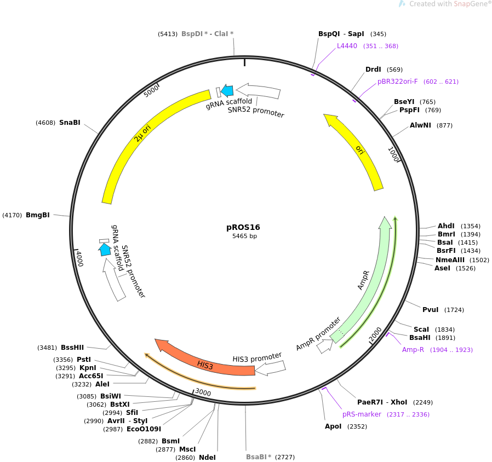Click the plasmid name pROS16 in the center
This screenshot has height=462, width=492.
point(243,227)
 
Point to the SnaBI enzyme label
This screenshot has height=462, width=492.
point(70,123)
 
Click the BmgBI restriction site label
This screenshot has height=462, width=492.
point(38,215)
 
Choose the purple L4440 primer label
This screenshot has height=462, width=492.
point(347,46)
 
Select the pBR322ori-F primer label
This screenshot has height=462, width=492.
point(397,82)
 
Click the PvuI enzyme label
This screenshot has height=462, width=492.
point(430,310)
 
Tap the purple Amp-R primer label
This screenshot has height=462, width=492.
point(413,350)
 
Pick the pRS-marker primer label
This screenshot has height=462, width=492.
point(362,414)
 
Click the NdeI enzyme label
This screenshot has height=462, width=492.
point(207,458)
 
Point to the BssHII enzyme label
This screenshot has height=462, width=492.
point(72,348)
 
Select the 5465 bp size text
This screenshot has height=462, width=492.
point(244,236)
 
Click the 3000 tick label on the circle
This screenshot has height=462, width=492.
point(203,392)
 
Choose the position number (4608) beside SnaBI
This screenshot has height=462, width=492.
point(45,123)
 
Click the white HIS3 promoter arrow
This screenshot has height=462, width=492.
point(270,368)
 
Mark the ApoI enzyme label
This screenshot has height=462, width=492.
point(333,426)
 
